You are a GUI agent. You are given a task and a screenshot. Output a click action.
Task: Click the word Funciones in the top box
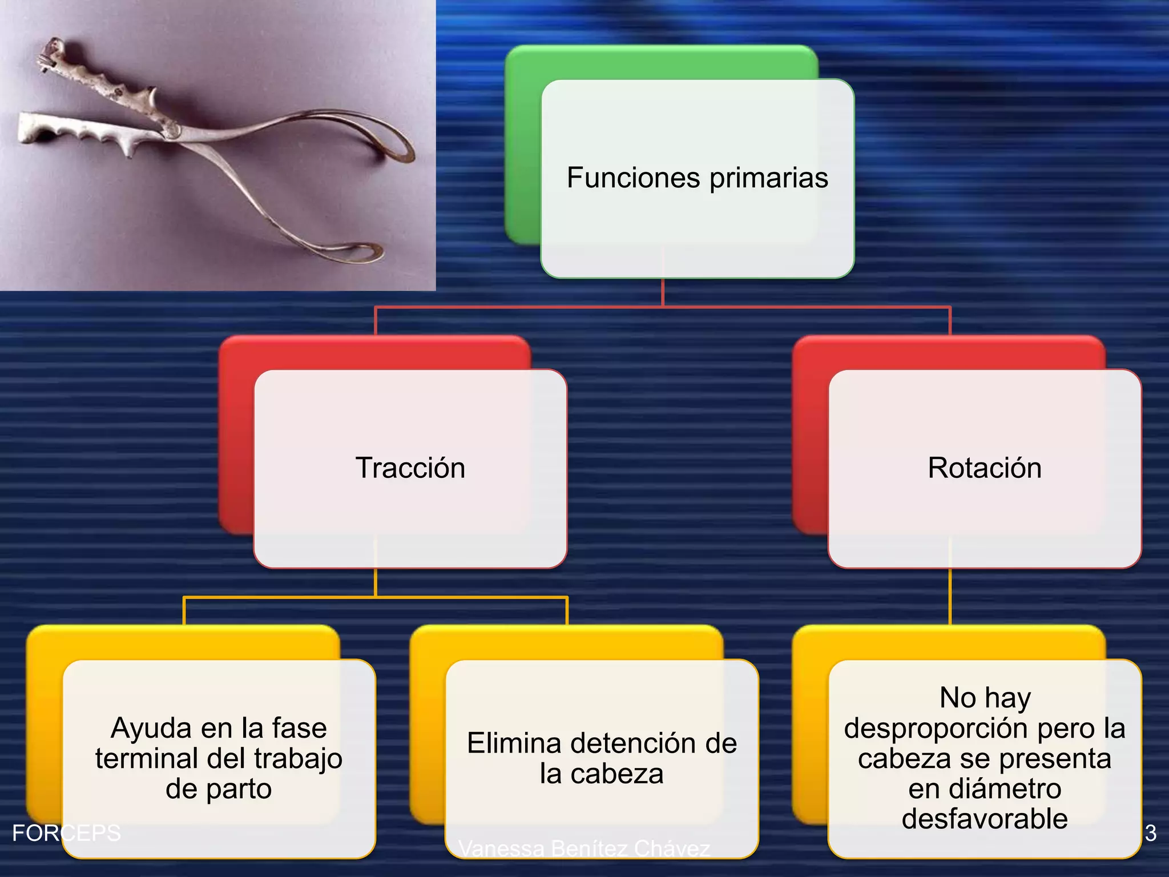click(633, 178)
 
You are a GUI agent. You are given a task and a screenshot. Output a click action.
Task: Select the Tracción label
click(410, 468)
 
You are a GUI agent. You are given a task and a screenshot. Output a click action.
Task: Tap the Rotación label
click(985, 468)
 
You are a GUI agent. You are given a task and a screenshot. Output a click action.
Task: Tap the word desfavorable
click(985, 819)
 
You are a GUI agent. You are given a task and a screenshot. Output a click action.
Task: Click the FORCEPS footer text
click(66, 833)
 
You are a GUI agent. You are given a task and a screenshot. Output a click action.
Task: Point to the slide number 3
click(1151, 833)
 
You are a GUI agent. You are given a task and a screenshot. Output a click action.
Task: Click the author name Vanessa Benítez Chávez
click(584, 848)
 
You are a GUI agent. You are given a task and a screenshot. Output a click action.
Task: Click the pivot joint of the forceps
click(171, 131)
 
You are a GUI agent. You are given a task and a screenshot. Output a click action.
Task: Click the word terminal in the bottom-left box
click(146, 759)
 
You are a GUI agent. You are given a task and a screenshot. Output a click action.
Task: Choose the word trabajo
click(298, 759)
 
